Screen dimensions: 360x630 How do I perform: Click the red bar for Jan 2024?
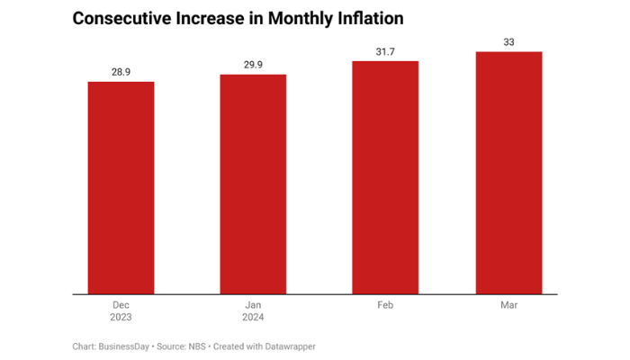(253, 184)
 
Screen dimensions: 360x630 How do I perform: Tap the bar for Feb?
(385, 177)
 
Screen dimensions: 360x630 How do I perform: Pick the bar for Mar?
(508, 173)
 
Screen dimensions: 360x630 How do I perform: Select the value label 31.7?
(385, 50)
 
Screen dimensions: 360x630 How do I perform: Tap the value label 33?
(508, 40)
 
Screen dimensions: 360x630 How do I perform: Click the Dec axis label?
(121, 306)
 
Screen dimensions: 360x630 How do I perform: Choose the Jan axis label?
(253, 306)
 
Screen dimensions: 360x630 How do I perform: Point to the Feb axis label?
(385, 306)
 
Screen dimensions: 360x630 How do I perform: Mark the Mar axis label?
(508, 306)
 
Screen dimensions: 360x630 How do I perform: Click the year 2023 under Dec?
(121, 318)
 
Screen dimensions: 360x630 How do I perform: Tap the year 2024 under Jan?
(253, 318)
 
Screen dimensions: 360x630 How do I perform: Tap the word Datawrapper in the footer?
(290, 346)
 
